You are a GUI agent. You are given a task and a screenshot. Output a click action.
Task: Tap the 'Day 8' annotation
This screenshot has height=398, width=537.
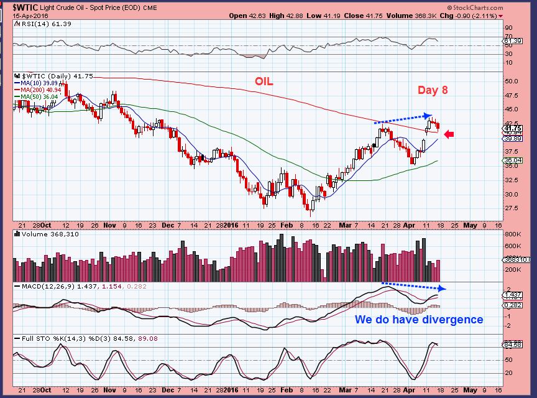coord(432,90)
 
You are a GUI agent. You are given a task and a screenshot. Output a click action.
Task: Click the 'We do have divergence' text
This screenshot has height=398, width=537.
coord(418,320)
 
